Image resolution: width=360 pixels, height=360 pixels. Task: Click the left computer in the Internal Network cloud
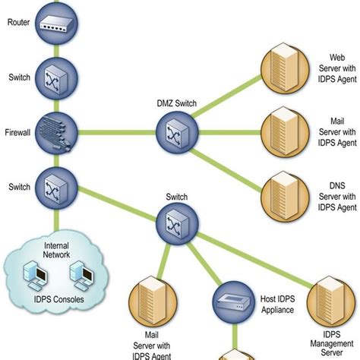(x=34, y=276)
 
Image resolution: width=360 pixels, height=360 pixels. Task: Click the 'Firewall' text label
(x=17, y=132)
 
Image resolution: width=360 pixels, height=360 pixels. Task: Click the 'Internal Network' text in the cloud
(x=55, y=251)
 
